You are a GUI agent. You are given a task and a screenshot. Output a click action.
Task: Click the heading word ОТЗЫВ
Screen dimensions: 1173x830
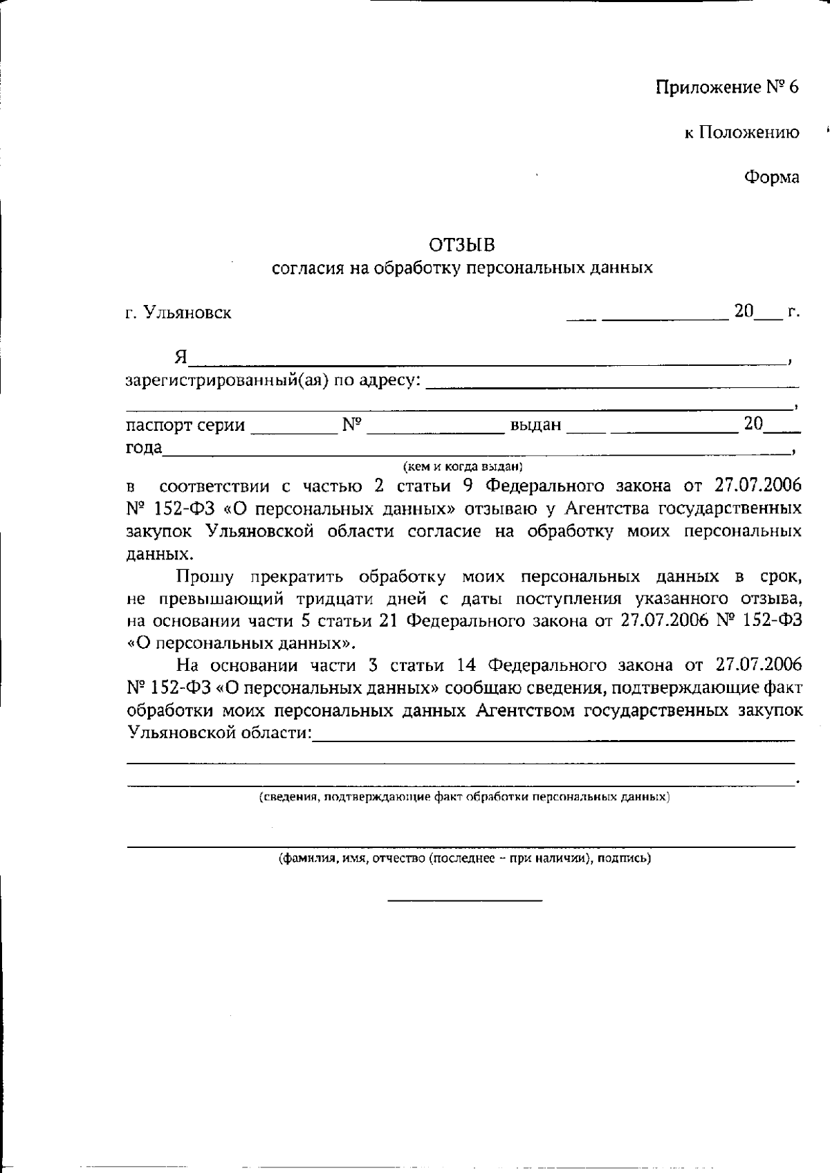[x=462, y=245]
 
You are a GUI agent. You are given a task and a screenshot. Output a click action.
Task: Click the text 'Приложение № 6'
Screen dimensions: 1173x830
[x=727, y=88]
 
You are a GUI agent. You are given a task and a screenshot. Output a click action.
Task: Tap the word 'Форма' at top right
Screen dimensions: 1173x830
[x=771, y=178]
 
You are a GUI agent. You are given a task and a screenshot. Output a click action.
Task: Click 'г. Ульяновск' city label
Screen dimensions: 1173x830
[x=178, y=313]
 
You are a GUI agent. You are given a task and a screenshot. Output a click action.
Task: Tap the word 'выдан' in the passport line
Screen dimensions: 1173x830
[x=535, y=425]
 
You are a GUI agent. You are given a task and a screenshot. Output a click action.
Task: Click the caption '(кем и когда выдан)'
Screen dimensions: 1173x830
[x=463, y=467]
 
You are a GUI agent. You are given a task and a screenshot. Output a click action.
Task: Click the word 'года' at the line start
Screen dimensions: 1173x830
[x=143, y=447]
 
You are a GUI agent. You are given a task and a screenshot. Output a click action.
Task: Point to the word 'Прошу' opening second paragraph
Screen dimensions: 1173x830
[x=205, y=577]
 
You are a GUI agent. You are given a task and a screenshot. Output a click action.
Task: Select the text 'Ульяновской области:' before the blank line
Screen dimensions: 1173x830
[x=219, y=732]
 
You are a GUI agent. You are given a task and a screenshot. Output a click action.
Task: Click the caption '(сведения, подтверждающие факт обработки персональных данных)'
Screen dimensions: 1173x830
[x=464, y=797]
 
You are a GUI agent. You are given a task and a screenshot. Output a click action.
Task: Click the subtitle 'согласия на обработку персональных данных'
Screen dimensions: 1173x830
[x=462, y=268]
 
